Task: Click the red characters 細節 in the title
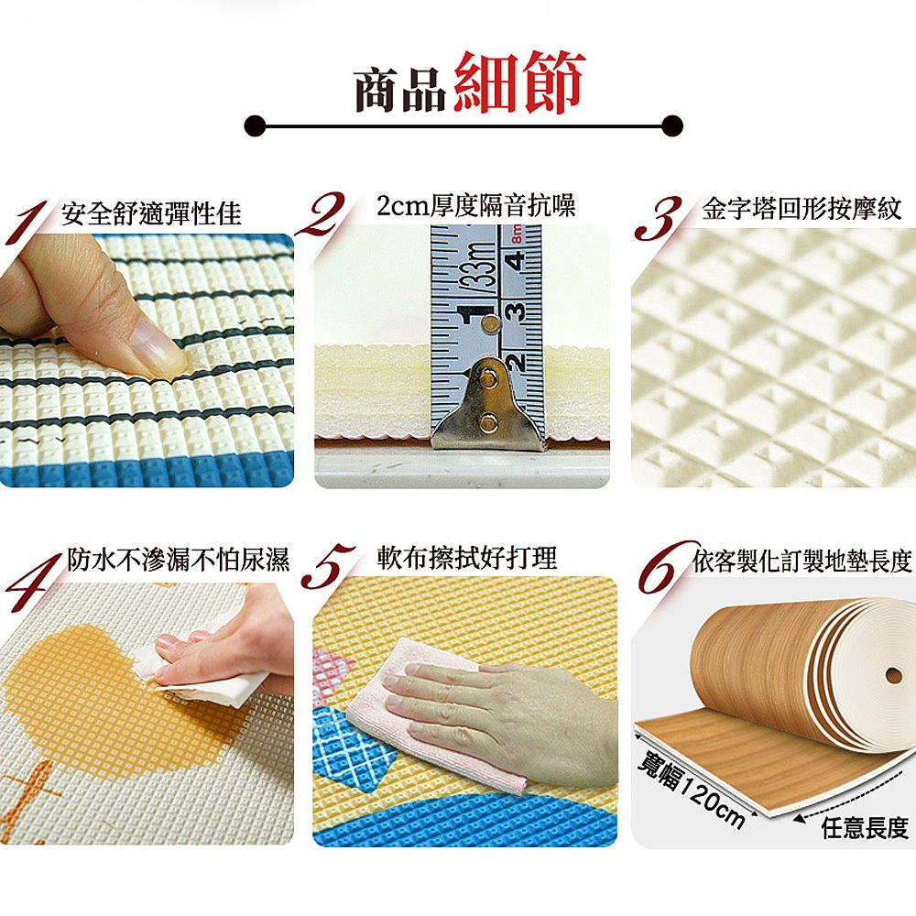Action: tap(519, 82)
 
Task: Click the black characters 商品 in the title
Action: tap(401, 91)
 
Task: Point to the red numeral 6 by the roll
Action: tap(666, 567)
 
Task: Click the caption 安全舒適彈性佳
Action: tap(151, 213)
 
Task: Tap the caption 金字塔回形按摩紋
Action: tap(802, 209)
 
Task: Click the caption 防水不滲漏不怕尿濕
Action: tap(179, 559)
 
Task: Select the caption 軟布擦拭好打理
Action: tap(467, 557)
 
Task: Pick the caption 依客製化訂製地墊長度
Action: tap(802, 562)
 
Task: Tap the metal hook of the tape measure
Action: tap(488, 403)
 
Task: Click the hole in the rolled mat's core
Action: tap(893, 676)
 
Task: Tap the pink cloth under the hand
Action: tap(427, 718)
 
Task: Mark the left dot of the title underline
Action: tap(255, 125)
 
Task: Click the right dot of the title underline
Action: tap(672, 125)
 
